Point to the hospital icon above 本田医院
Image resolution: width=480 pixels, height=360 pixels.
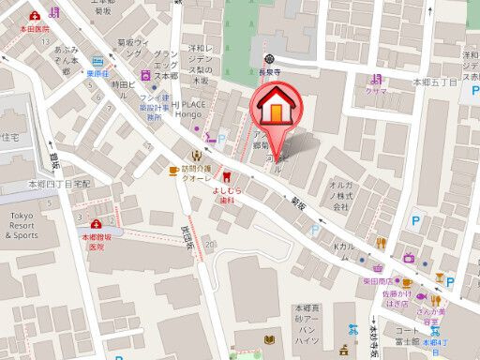coord(35,16)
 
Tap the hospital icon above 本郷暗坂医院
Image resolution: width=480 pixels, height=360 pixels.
coord(96,224)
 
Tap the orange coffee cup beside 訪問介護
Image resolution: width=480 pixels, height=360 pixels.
coord(173,170)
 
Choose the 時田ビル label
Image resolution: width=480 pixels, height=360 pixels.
coord(124,84)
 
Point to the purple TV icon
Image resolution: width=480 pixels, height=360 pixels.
coord(409,257)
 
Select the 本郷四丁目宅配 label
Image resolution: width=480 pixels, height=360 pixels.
coord(58,184)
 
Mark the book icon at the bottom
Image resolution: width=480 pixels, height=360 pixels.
coord(272,339)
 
